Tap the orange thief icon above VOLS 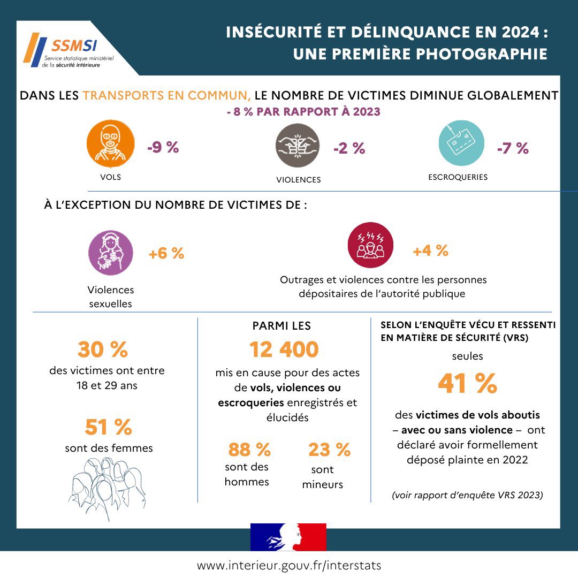click(110, 143)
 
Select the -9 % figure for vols click(163, 148)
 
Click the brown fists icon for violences click(298, 146)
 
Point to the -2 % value click(349, 149)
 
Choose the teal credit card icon click(461, 142)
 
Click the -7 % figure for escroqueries click(513, 149)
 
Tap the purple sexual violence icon click(110, 253)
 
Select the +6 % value click(166, 254)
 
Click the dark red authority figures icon click(370, 245)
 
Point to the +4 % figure click(430, 250)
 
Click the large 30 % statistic click(103, 349)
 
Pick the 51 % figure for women click(108, 427)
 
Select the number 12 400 click(284, 349)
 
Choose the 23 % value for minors click(329, 450)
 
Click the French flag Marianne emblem click(288, 537)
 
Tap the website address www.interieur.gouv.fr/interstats click(289, 565)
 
